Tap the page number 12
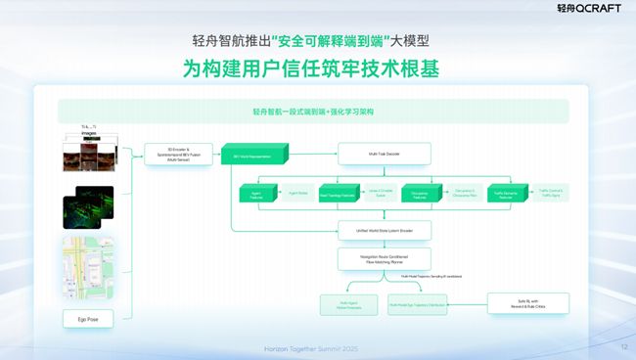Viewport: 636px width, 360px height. pyautogui.click(x=624, y=346)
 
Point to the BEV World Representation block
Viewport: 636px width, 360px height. pyautogui.click(x=254, y=154)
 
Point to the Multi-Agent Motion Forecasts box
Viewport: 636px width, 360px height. pyautogui.click(x=348, y=304)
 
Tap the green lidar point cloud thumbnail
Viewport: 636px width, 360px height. pyautogui.click(x=88, y=206)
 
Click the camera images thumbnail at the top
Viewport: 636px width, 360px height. pyautogui.click(x=88, y=154)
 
